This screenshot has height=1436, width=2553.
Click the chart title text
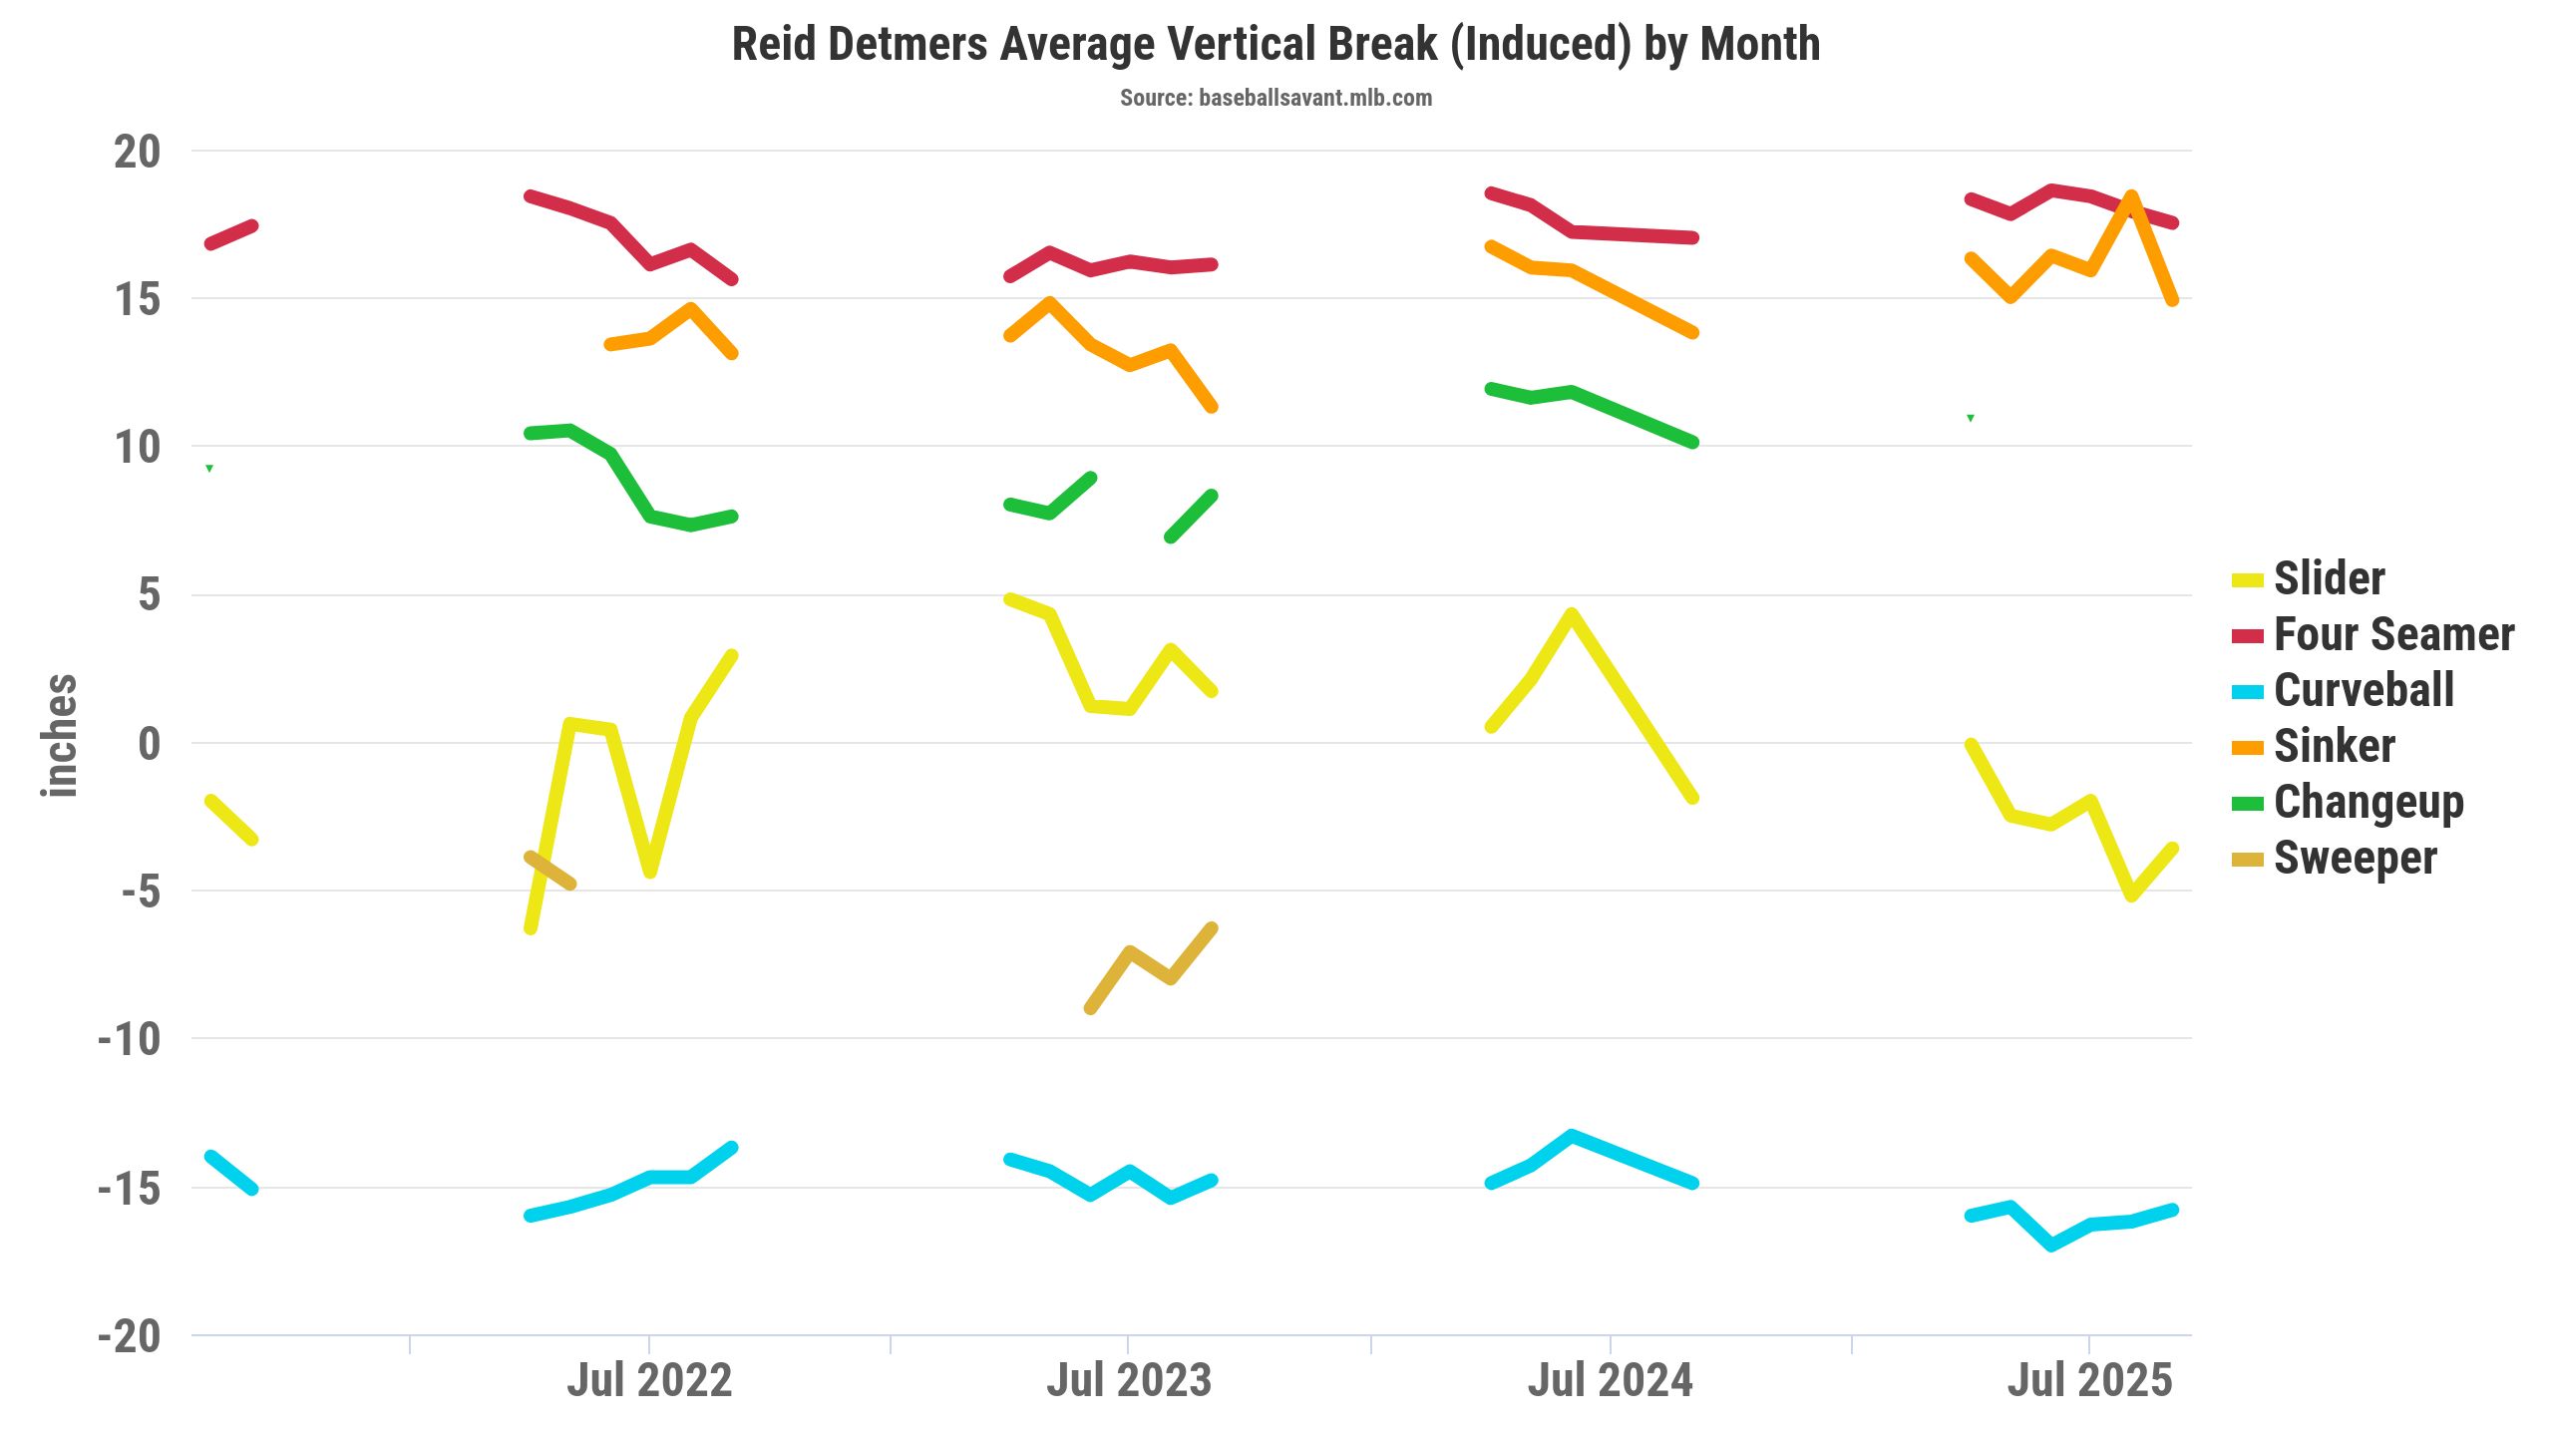[1276, 45]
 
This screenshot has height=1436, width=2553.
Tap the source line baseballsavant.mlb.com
[1276, 98]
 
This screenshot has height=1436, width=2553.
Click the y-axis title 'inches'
[59, 735]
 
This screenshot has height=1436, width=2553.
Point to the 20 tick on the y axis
[138, 152]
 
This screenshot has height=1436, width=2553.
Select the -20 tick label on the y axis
[130, 1336]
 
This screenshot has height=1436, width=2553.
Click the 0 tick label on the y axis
[149, 743]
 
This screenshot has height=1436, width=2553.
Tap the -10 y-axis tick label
[130, 1039]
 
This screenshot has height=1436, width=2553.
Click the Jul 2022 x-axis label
[649, 1381]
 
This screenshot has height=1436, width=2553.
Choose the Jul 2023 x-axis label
[1129, 1381]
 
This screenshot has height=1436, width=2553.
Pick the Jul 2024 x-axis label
[1610, 1381]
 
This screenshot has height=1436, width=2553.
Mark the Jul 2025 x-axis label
[2089, 1381]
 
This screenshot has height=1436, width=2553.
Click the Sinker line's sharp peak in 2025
[2131, 196]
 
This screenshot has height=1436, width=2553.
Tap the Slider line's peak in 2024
[1572, 614]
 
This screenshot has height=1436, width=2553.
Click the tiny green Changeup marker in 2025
[1971, 418]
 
